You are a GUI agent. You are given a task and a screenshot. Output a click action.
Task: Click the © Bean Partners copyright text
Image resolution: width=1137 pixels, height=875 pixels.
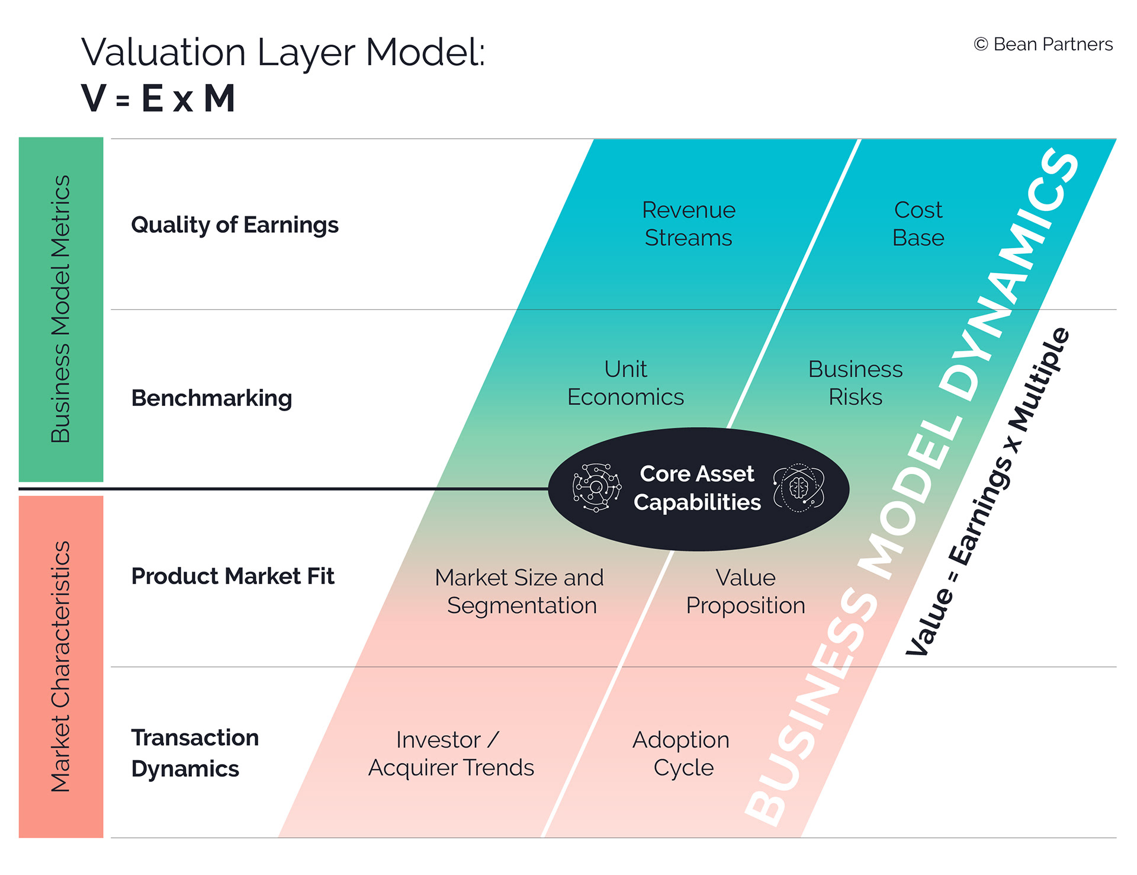1043,44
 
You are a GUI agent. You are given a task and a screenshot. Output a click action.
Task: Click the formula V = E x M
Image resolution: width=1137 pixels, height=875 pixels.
158,98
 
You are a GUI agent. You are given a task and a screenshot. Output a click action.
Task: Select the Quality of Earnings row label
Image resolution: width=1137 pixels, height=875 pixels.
235,225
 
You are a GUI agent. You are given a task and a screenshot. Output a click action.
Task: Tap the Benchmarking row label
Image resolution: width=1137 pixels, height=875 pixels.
211,398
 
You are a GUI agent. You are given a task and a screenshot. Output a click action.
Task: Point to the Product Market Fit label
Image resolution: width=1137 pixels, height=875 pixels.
233,576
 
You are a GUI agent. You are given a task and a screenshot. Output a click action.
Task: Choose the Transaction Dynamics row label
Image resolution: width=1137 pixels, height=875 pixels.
195,753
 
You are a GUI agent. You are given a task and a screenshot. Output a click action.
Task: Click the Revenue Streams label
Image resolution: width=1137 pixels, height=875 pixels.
689,224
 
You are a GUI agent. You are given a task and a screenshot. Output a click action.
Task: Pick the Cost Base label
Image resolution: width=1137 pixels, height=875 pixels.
918,224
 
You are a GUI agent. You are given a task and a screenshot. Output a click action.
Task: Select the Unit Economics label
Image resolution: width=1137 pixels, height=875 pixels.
625,383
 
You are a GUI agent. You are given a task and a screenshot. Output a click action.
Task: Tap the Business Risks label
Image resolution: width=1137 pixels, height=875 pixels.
855,383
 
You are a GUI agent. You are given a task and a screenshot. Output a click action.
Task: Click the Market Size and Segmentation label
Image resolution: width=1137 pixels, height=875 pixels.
519,591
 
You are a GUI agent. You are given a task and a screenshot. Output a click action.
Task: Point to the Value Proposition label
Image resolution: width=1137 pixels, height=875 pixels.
746,591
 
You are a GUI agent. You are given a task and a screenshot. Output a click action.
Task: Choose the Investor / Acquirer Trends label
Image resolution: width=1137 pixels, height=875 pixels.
451,754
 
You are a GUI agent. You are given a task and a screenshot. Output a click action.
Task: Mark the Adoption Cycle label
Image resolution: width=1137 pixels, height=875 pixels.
682,754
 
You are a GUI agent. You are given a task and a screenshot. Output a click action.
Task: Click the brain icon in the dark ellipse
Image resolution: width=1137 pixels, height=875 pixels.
798,488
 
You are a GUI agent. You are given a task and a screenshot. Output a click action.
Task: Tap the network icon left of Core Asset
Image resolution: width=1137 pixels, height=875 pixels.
597,488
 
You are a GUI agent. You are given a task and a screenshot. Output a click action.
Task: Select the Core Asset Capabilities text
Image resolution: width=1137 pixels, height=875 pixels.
697,488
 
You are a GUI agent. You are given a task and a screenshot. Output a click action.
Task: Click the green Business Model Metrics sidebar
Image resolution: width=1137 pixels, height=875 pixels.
61,309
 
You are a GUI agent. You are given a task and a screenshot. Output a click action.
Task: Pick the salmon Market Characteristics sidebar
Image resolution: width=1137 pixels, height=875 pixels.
61,666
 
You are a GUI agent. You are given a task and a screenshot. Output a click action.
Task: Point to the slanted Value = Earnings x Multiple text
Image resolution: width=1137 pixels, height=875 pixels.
988,492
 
